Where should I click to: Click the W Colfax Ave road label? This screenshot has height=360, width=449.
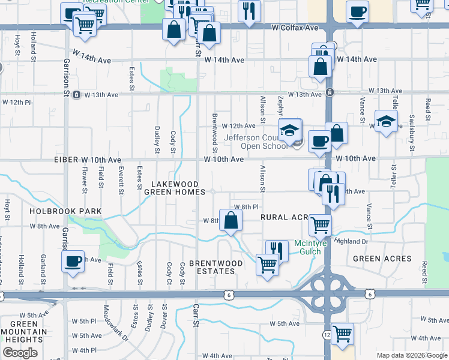(x=295, y=28)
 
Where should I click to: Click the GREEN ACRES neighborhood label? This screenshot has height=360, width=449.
(x=382, y=259)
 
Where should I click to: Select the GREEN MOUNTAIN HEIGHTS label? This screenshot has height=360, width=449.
(x=23, y=331)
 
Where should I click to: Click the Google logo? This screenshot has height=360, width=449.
(x=20, y=353)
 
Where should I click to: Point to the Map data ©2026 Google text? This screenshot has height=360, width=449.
(x=412, y=355)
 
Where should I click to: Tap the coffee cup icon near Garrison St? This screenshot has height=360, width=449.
(x=73, y=261)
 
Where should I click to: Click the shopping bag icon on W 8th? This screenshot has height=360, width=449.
(x=231, y=221)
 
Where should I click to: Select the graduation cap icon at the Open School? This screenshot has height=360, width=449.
(x=289, y=130)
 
